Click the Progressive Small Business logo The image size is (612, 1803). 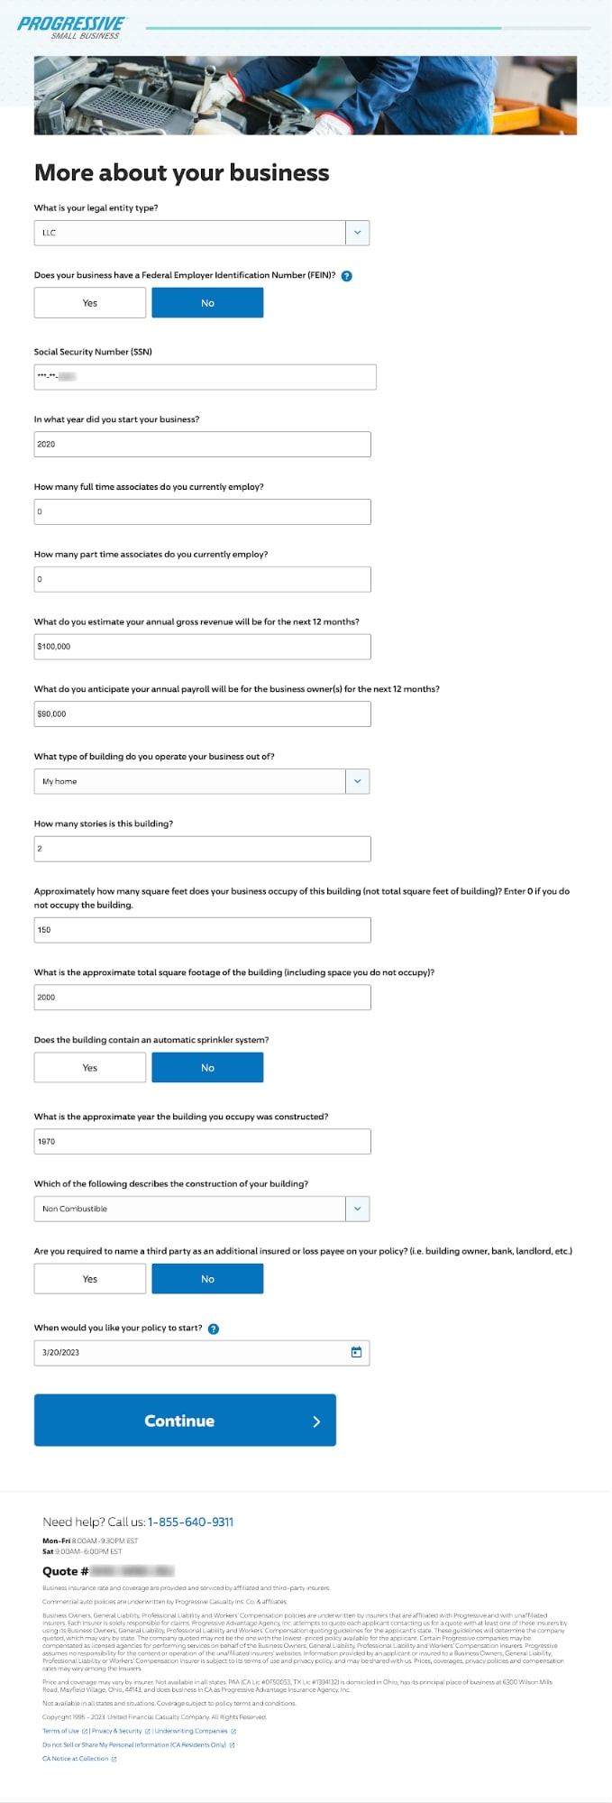point(71,26)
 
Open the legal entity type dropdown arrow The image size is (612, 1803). point(357,233)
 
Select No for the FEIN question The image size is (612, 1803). point(207,303)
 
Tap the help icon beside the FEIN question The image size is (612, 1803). point(347,276)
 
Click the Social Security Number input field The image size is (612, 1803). point(205,377)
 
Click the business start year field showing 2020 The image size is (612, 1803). point(202,444)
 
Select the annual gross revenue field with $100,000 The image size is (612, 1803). point(202,647)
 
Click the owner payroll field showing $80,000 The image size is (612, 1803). point(202,713)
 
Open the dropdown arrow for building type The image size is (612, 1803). point(357,781)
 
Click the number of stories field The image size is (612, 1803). point(202,849)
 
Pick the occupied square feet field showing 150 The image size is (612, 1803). point(202,930)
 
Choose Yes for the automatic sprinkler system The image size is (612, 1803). point(90,1068)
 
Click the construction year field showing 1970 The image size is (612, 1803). point(202,1142)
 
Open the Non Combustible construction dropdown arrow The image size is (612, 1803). point(357,1209)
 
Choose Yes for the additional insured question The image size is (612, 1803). point(90,1279)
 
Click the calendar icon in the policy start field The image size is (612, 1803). point(356,1352)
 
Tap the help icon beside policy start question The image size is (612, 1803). point(214,1329)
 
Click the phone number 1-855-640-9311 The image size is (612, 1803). point(190,1522)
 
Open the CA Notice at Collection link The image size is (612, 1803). point(76,1758)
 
